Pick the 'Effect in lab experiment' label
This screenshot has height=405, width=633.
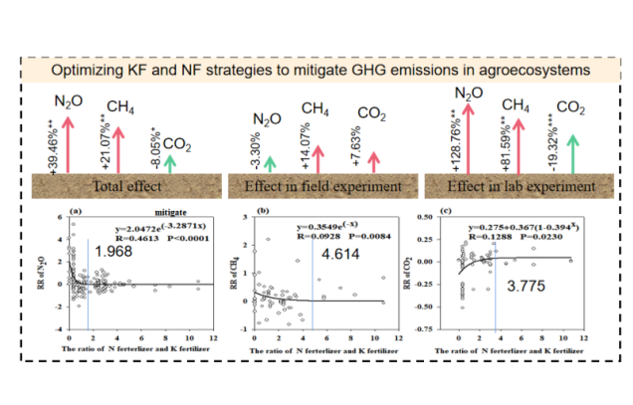[508, 186]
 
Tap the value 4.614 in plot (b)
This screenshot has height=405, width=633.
[337, 256]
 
